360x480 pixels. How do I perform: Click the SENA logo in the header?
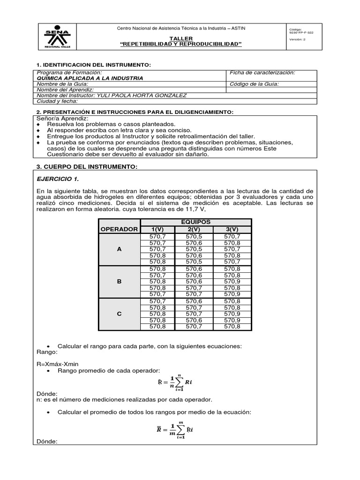click(57, 36)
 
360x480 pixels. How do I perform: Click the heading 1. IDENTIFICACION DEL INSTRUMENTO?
click(93, 64)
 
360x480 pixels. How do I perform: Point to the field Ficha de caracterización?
click(262, 73)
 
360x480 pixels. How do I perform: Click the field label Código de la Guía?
click(254, 84)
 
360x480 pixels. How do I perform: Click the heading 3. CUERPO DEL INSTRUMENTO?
click(87, 166)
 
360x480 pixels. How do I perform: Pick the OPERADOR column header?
click(119, 229)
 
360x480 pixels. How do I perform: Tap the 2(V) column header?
click(193, 229)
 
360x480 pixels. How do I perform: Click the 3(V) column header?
click(232, 229)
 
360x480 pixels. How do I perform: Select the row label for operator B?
click(119, 282)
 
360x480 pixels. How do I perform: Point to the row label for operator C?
click(119, 314)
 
